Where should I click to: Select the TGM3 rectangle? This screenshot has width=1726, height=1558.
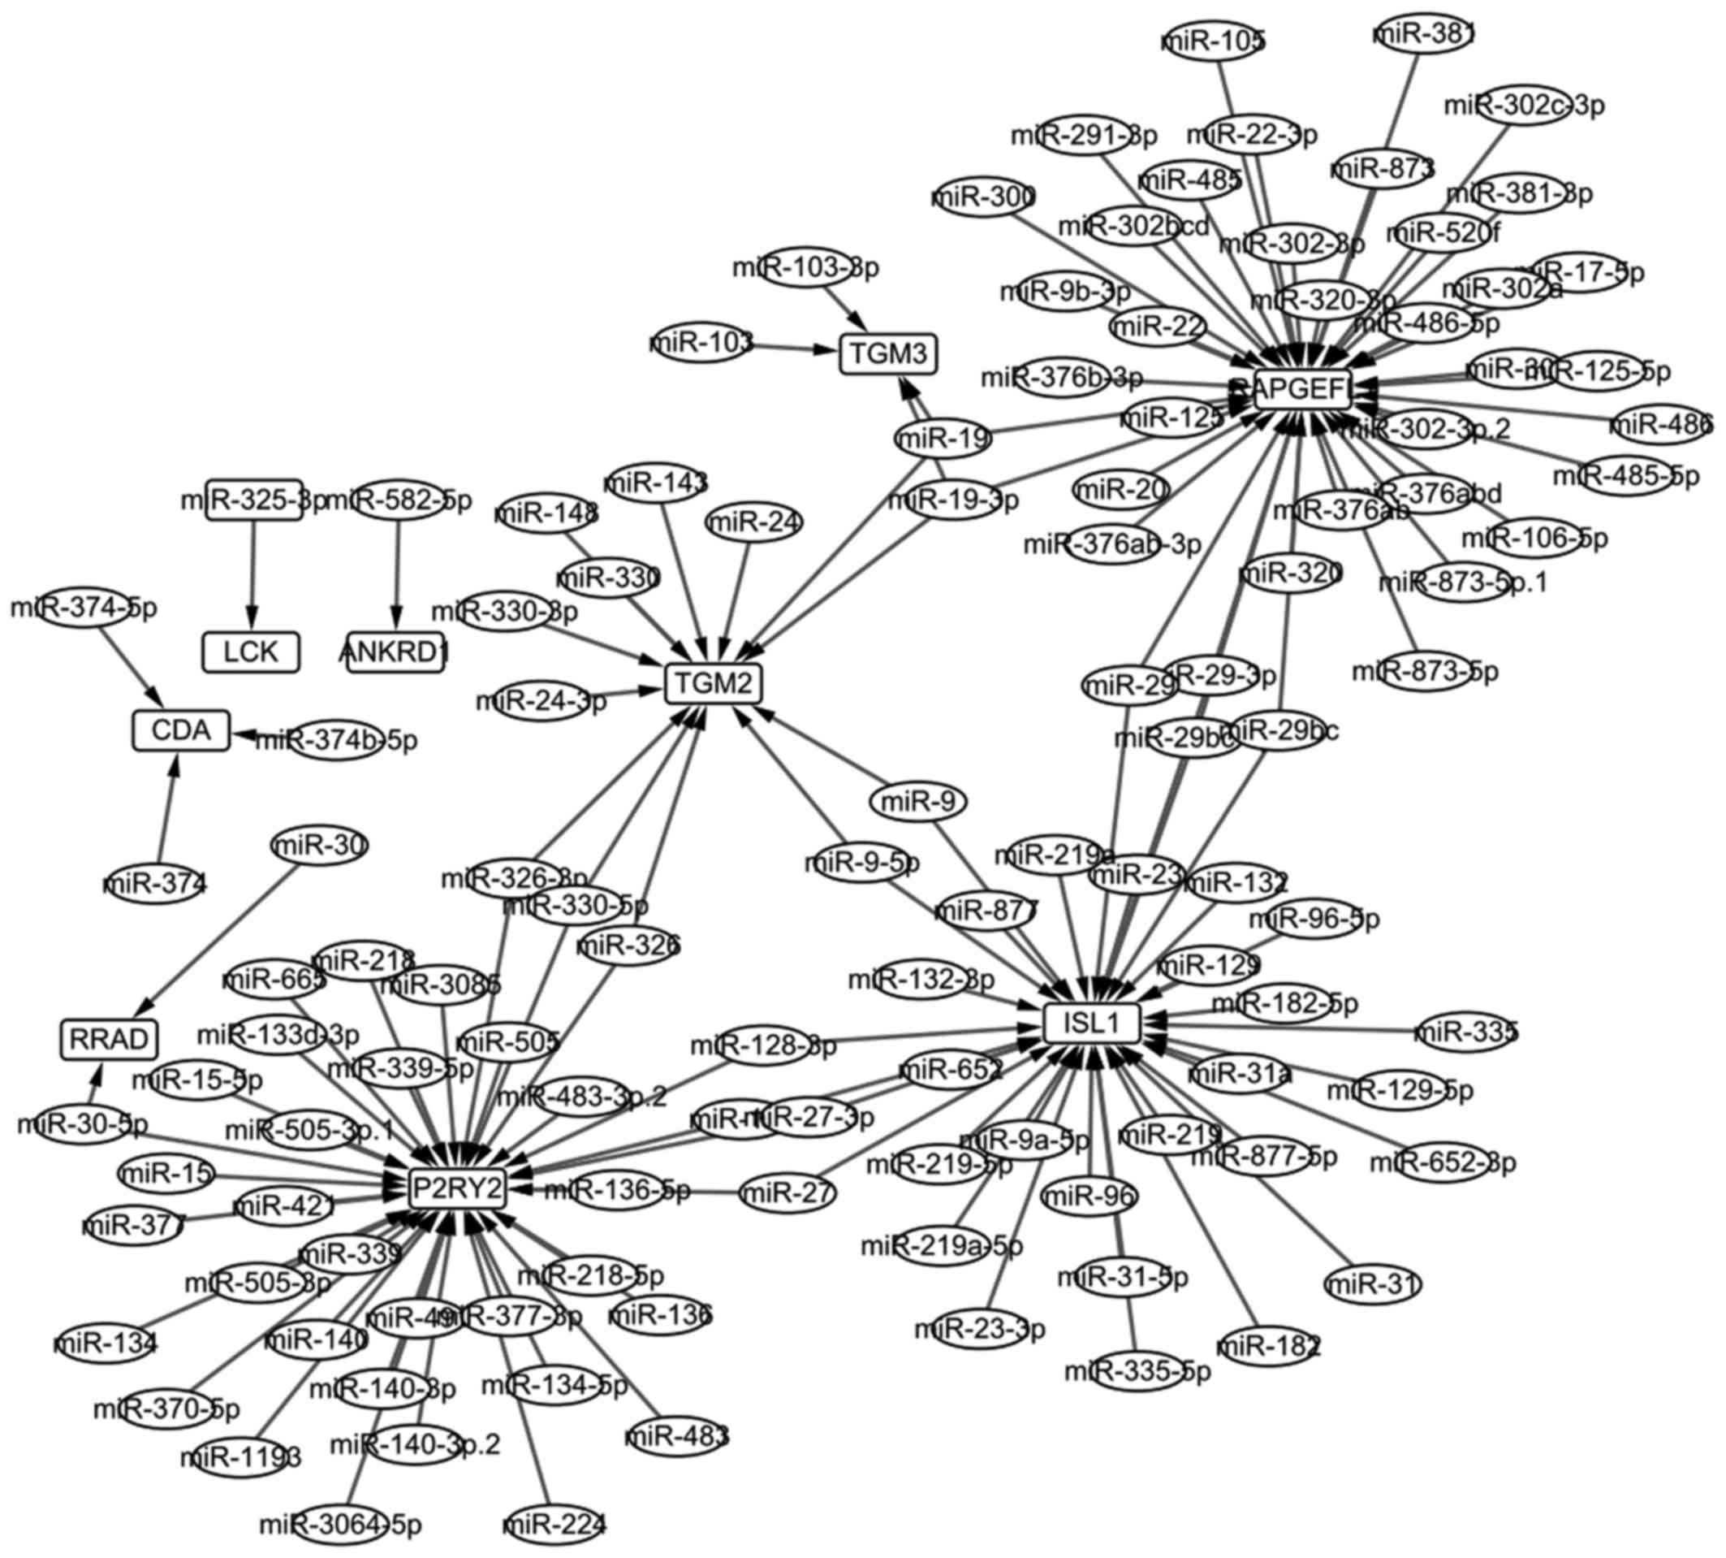pos(888,353)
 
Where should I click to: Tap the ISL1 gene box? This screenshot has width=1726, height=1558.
pos(1091,1023)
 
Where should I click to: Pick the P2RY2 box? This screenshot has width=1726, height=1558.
pos(457,1188)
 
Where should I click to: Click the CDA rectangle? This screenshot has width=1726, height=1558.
pos(180,730)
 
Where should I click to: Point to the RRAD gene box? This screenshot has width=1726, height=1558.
pos(110,1039)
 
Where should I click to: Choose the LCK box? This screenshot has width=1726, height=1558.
pos(251,652)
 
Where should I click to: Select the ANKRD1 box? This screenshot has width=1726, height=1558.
pos(395,652)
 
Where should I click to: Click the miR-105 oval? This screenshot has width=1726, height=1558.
pos(1215,41)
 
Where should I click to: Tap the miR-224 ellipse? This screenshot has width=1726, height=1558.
pos(554,1525)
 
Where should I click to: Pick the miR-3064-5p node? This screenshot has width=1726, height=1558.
pos(341,1525)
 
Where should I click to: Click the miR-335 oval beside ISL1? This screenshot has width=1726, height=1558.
pos(1466,1032)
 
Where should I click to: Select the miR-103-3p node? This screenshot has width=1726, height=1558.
pos(805,268)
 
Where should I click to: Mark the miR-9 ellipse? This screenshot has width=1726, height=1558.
pos(917,802)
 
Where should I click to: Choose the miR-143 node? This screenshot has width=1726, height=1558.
pos(656,483)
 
